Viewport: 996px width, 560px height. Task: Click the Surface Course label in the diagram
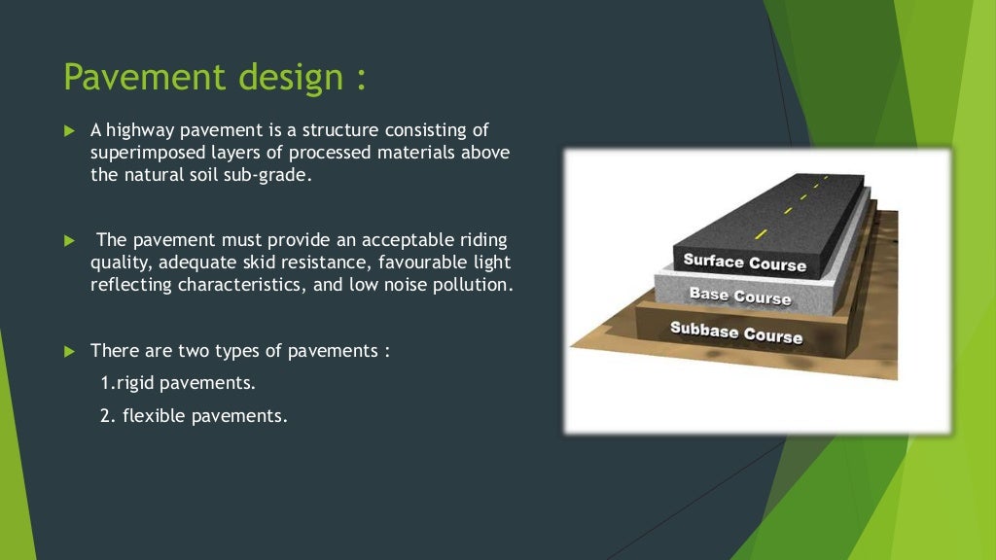click(744, 262)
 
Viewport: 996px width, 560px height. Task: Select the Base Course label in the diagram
click(739, 296)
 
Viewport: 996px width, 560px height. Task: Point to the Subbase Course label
click(736, 332)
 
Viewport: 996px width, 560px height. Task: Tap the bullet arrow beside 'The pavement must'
click(69, 240)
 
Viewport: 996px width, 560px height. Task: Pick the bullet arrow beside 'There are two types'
click(69, 350)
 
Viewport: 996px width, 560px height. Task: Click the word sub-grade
click(277, 176)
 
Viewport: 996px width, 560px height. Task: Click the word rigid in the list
click(136, 383)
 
